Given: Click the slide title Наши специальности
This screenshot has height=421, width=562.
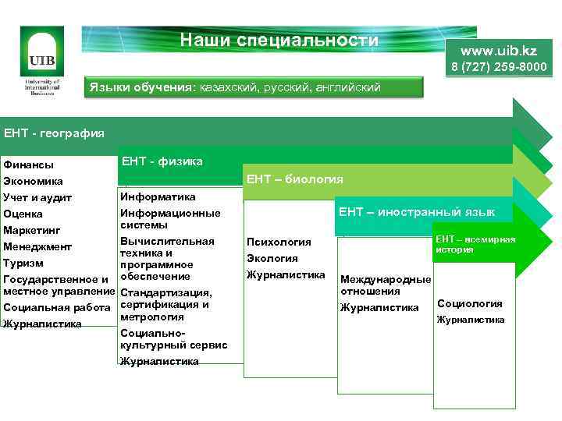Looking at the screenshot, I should [279, 41].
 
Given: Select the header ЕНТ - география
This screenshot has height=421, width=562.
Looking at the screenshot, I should [54, 133].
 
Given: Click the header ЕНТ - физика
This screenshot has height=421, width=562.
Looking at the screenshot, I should [162, 161].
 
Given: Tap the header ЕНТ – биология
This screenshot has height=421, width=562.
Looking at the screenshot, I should [294, 179].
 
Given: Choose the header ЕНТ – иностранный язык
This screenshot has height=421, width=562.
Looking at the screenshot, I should [416, 211].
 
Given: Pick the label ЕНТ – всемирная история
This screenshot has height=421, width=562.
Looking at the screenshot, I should [475, 244].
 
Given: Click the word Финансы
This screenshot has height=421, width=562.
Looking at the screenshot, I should [29, 165].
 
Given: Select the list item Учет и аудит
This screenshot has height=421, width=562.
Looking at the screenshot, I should [37, 198].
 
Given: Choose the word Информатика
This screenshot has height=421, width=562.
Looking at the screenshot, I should [158, 197].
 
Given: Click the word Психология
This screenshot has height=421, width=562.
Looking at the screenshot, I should [279, 242].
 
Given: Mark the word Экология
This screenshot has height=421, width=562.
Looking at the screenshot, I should [272, 259].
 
